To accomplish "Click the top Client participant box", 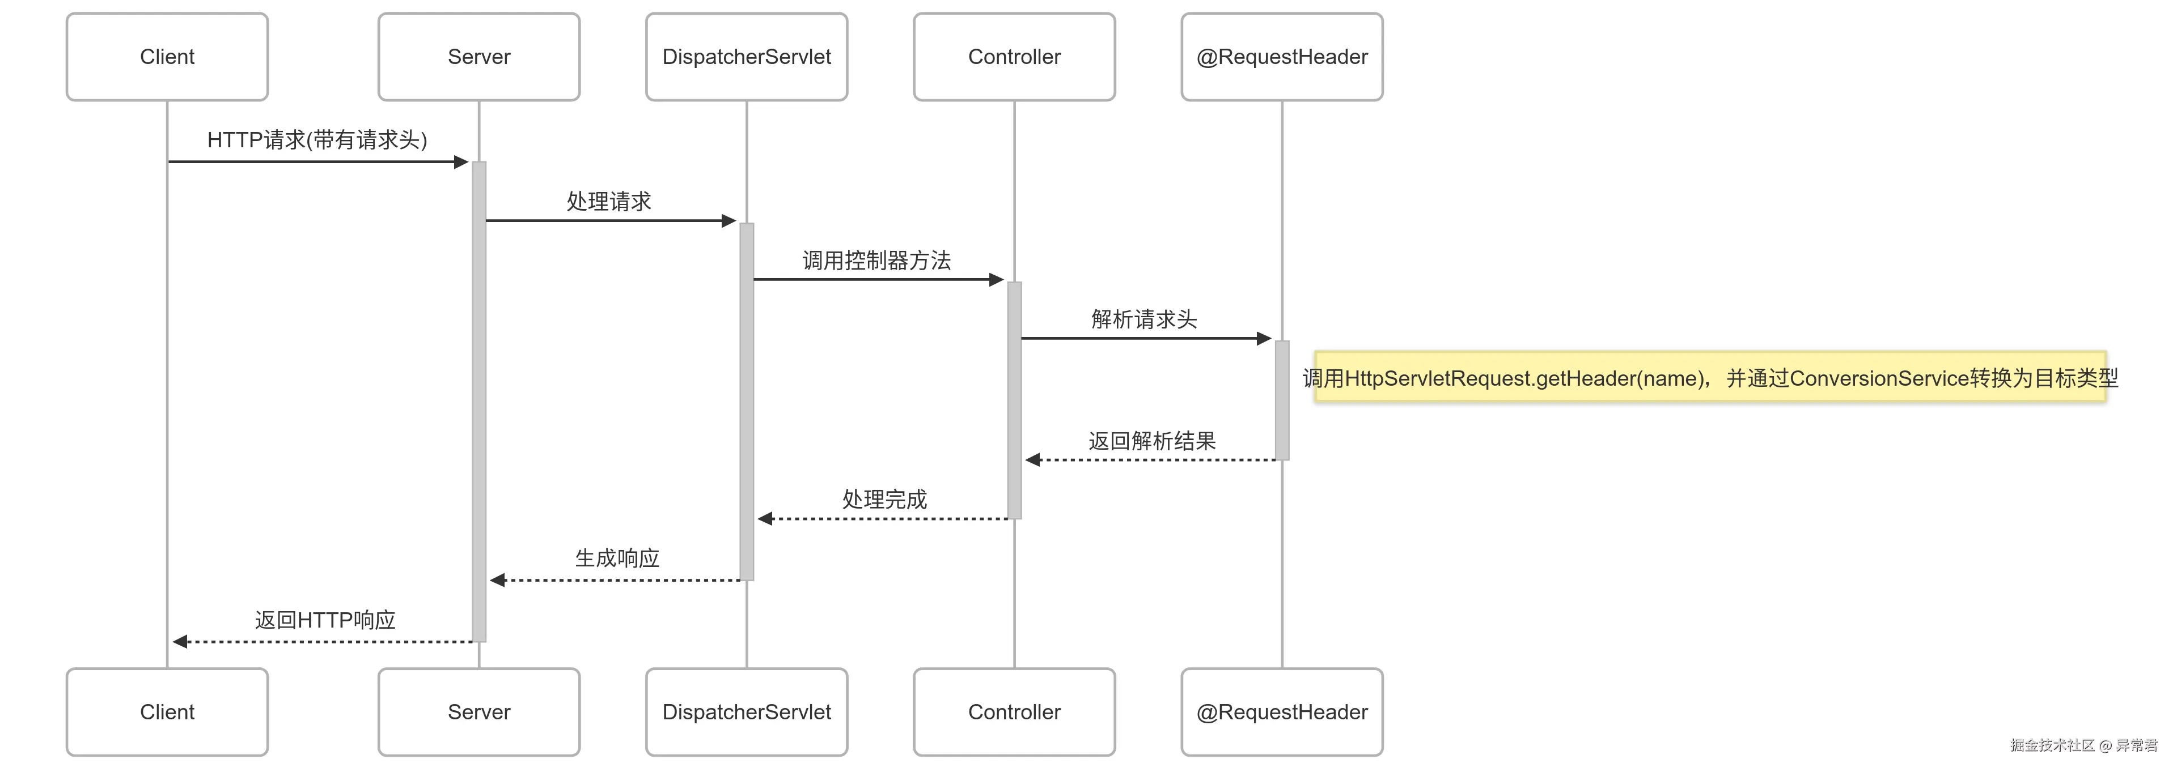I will pos(167,57).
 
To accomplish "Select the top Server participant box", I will pos(478,57).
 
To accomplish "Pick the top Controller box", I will pos(1014,57).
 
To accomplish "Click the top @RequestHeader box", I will pos(1281,57).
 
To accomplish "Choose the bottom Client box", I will pos(167,712).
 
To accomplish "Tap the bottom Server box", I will pos(478,712).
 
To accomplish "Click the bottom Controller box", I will pos(1014,712).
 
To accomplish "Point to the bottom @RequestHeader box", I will pos(1281,712).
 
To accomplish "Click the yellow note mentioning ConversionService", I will pos(1710,378).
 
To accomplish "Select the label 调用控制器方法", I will pos(876,260).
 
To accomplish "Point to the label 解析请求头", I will pos(1143,319).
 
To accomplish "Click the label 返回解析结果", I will pos(1152,441).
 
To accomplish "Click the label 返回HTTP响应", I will pos(325,620).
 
